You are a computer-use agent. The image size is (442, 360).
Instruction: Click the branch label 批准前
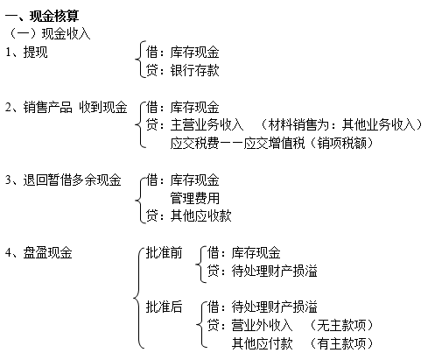pyautogui.click(x=165, y=253)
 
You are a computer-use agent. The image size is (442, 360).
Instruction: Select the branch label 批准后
pyautogui.click(x=165, y=307)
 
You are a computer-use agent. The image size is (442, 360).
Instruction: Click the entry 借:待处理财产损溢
pyautogui.click(x=262, y=307)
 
